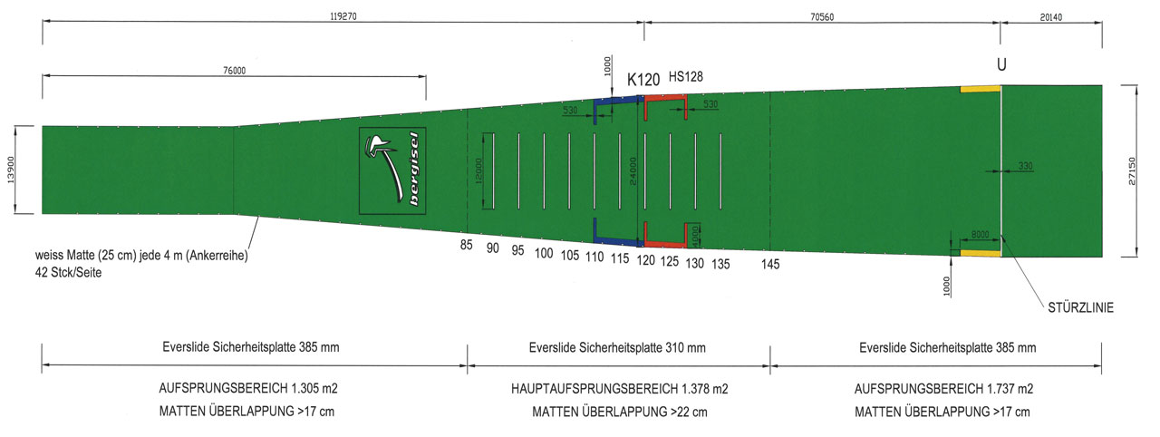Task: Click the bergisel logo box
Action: pyautogui.click(x=394, y=170)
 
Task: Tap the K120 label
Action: pyautogui.click(x=643, y=80)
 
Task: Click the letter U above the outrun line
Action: pyautogui.click(x=1001, y=65)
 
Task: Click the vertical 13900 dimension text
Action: pyautogui.click(x=12, y=170)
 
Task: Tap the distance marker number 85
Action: pyautogui.click(x=467, y=245)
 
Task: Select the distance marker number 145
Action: pyautogui.click(x=769, y=264)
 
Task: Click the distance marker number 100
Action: pyautogui.click(x=544, y=253)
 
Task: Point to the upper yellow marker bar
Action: pyautogui.click(x=980, y=88)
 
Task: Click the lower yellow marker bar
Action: pyautogui.click(x=980, y=253)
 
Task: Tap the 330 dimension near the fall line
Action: pyautogui.click(x=1025, y=166)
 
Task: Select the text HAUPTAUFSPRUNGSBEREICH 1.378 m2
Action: pyautogui.click(x=619, y=388)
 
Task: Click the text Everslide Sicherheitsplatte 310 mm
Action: pyautogui.click(x=618, y=347)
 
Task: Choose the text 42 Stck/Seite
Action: pyautogui.click(x=68, y=272)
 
